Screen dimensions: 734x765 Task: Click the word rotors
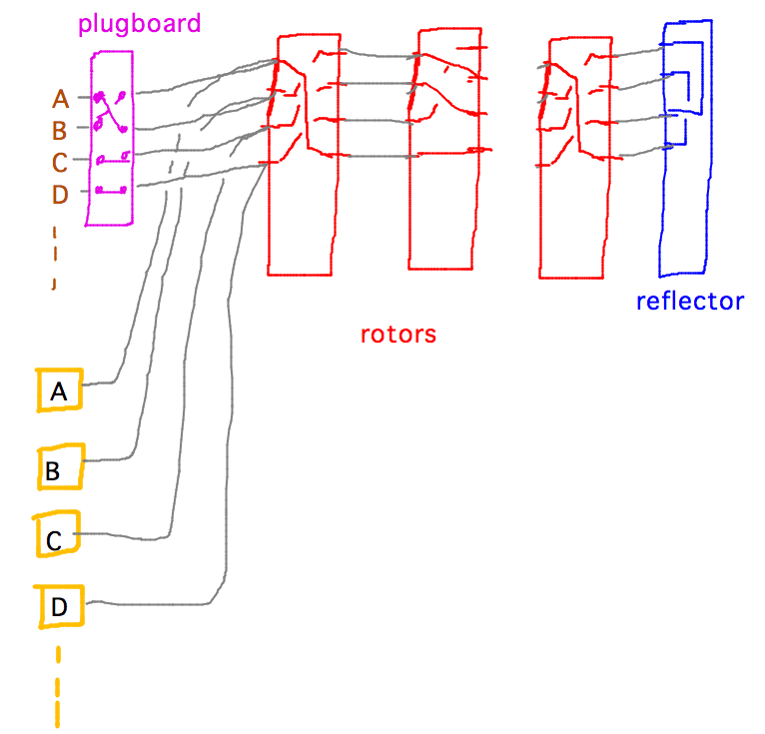pos(398,334)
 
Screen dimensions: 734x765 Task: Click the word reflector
pos(689,301)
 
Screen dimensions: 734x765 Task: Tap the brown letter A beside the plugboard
pos(60,99)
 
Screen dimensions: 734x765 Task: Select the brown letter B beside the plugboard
pos(60,130)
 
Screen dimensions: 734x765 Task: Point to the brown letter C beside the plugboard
pos(60,162)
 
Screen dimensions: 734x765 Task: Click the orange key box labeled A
pos(59,391)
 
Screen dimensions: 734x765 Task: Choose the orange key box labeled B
pos(60,467)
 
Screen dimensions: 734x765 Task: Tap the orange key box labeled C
pos(57,536)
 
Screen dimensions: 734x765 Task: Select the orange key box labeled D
pos(60,605)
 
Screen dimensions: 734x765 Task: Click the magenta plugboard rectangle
pos(111,210)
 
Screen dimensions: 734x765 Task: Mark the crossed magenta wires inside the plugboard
pos(110,112)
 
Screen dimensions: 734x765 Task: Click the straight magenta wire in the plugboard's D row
pos(111,189)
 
